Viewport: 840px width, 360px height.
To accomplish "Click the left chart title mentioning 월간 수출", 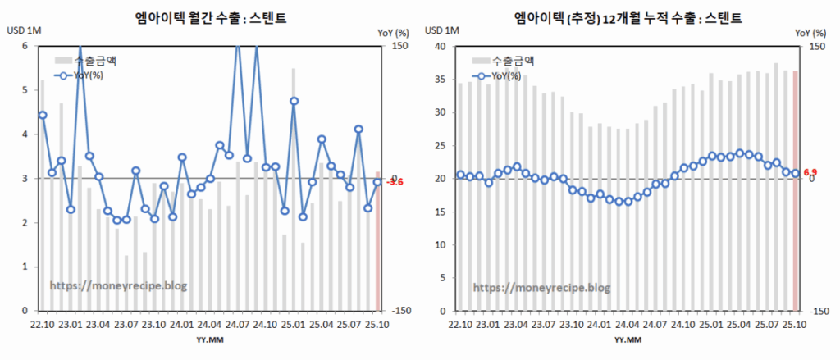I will click(x=212, y=16).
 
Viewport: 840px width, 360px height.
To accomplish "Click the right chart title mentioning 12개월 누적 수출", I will click(x=628, y=16).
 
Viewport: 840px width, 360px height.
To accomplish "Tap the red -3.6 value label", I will click(x=394, y=182).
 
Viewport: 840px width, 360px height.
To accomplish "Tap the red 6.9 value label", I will click(x=810, y=172).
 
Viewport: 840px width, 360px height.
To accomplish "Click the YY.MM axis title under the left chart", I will click(x=207, y=339).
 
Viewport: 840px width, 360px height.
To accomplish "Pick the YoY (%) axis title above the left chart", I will click(x=393, y=32).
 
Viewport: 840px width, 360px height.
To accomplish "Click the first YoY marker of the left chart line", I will click(x=42, y=115).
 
